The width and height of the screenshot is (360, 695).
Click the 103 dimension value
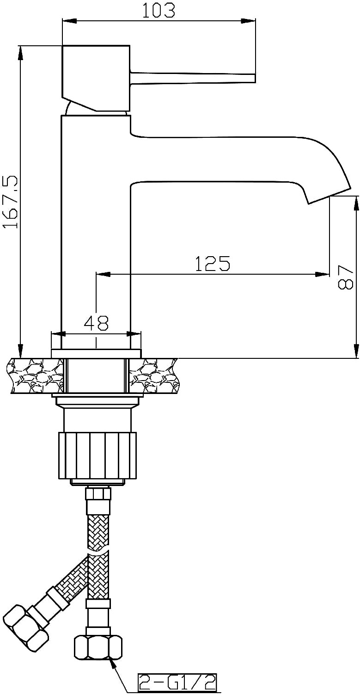(x=159, y=10)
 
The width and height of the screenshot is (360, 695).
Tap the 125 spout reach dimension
(x=213, y=264)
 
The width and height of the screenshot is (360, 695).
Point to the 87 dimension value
(x=345, y=277)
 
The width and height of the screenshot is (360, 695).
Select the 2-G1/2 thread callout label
(x=177, y=683)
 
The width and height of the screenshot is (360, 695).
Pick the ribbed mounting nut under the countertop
(x=97, y=456)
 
